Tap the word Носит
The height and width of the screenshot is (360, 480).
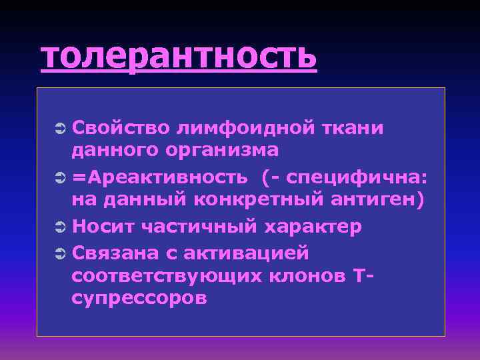click(99, 226)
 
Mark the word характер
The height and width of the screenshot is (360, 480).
click(313, 226)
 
